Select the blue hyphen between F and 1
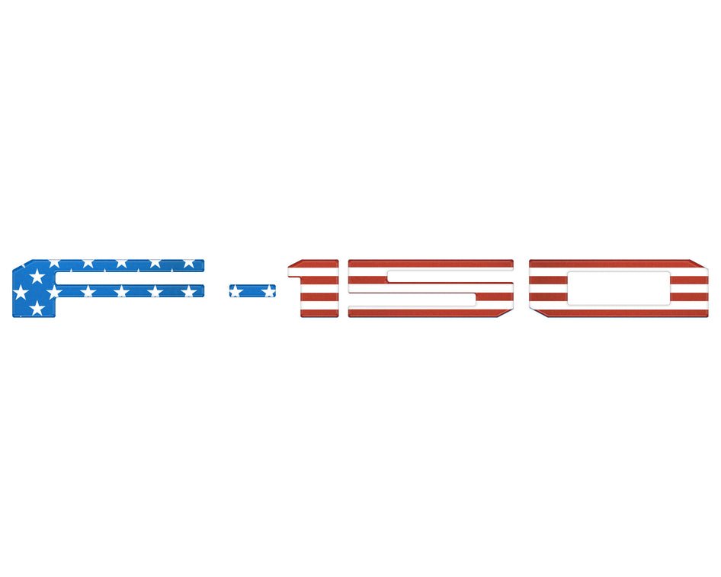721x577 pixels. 252,290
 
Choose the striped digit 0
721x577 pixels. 619,287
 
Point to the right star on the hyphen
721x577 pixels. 268,290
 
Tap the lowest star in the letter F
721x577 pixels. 37,308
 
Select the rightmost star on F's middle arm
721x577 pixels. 187,291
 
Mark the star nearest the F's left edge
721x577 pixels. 21,292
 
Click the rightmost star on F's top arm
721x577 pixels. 188,263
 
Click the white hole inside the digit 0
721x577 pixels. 619,287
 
